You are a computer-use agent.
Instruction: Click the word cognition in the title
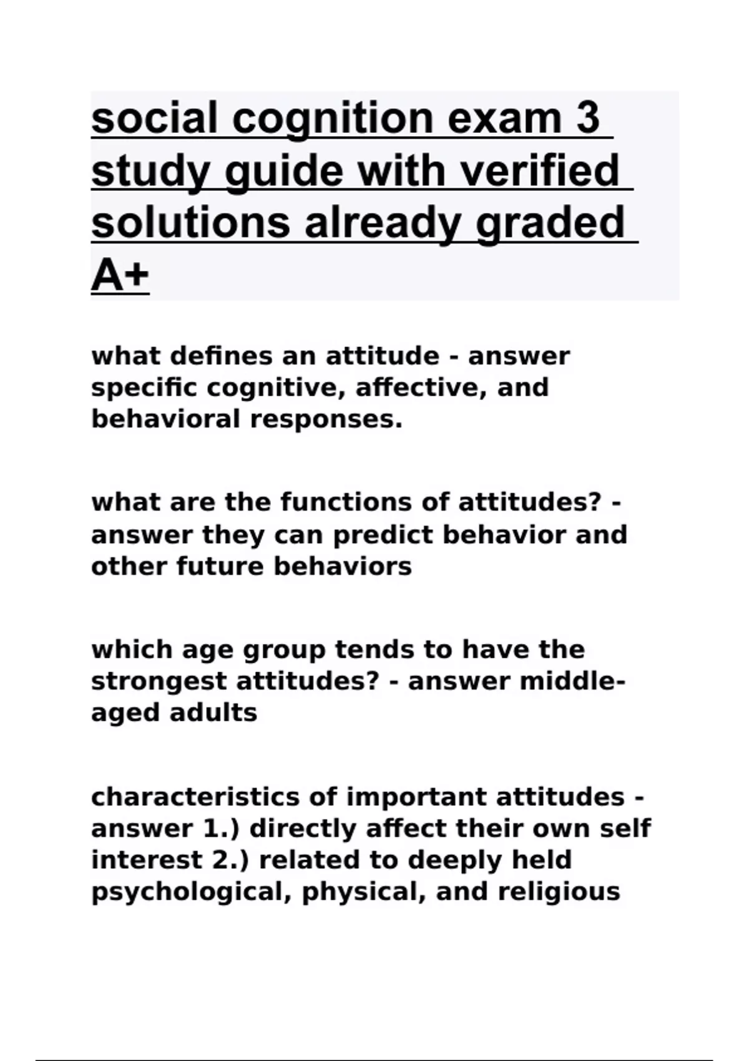pos(333,119)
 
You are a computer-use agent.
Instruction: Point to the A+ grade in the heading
pos(120,275)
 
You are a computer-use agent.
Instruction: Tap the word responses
pos(326,419)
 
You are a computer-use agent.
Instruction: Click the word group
pos(284,650)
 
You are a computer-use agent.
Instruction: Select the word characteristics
pos(195,797)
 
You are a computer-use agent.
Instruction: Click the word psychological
pos(192,892)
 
